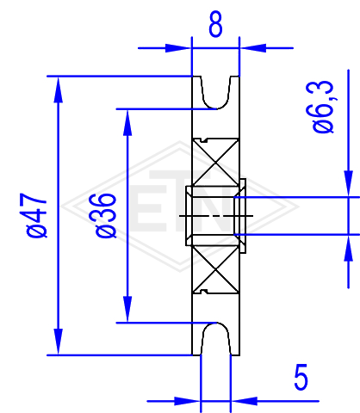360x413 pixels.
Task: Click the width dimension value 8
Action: pyautogui.click(x=215, y=24)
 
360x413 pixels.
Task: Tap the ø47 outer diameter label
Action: pyautogui.click(x=36, y=215)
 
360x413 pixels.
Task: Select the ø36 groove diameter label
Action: pyautogui.click(x=106, y=216)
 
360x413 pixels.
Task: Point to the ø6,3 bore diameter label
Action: pyautogui.click(x=323, y=107)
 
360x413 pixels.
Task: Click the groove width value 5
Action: pyautogui.click(x=301, y=377)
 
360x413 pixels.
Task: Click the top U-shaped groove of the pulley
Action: pyautogui.click(x=216, y=108)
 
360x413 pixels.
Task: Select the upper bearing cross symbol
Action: pyautogui.click(x=215, y=163)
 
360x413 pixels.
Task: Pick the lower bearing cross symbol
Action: pyautogui.click(x=215, y=269)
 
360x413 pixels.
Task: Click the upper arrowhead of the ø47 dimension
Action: pyautogui.click(x=59, y=89)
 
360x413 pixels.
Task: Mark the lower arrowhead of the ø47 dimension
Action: pyautogui.click(x=59, y=342)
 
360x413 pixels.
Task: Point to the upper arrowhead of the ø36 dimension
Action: pyautogui.click(x=127, y=122)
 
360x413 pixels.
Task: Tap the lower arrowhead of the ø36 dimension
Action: pyautogui.click(x=127, y=309)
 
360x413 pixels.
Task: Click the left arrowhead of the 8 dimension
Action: pyautogui.click(x=178, y=48)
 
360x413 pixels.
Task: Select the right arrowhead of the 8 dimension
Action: pyautogui.click(x=252, y=48)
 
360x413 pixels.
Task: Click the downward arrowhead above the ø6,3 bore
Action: pyautogui.click(x=349, y=183)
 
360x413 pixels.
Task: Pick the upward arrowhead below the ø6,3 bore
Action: pyautogui.click(x=349, y=248)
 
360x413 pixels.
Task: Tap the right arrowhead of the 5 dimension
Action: pyautogui.click(x=244, y=401)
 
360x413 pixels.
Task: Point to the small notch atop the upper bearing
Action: pyautogui.click(x=204, y=140)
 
